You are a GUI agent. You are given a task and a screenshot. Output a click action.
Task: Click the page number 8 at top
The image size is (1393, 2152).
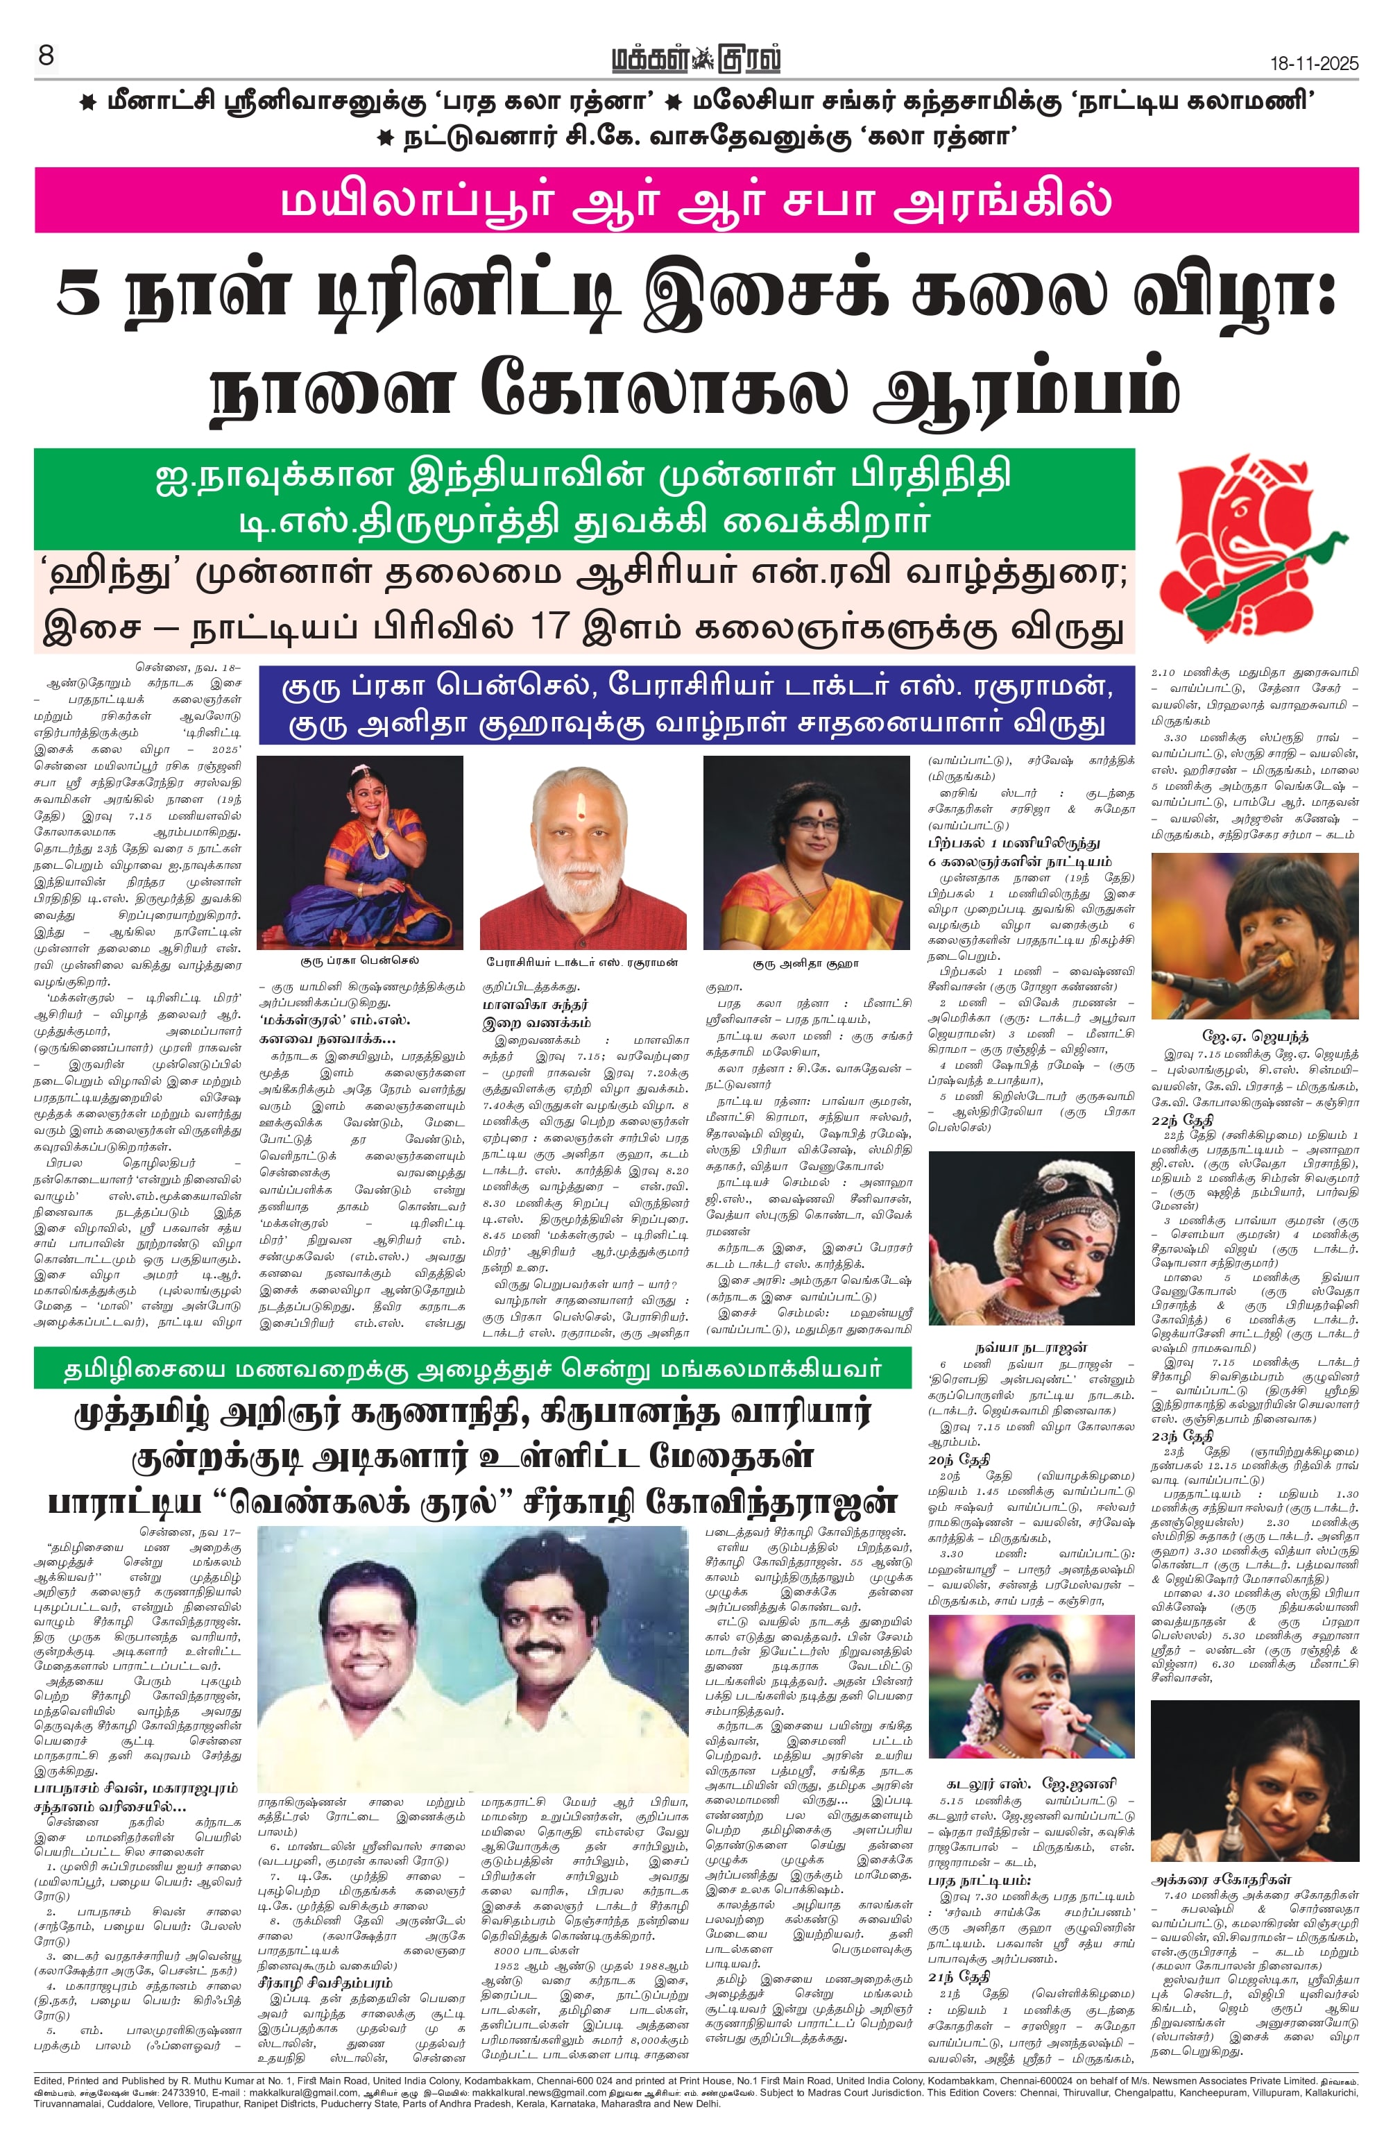click(46, 56)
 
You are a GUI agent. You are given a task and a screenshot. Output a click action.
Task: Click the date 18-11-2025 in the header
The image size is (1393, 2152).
click(1313, 63)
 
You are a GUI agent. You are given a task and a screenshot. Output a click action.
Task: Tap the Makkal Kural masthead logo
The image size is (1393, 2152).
click(695, 60)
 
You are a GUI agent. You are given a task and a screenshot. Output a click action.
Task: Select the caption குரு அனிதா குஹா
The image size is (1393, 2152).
click(806, 964)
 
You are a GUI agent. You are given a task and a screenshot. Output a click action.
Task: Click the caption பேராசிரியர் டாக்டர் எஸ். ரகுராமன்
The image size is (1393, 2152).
click(583, 962)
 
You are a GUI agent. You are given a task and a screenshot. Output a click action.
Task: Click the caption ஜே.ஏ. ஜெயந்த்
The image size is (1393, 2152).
click(1255, 1036)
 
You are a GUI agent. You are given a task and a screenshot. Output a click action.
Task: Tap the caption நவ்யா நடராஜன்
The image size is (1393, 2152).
click(1030, 1347)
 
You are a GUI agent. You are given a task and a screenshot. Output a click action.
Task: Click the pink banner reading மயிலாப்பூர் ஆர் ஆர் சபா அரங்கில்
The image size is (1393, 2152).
click(695, 200)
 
